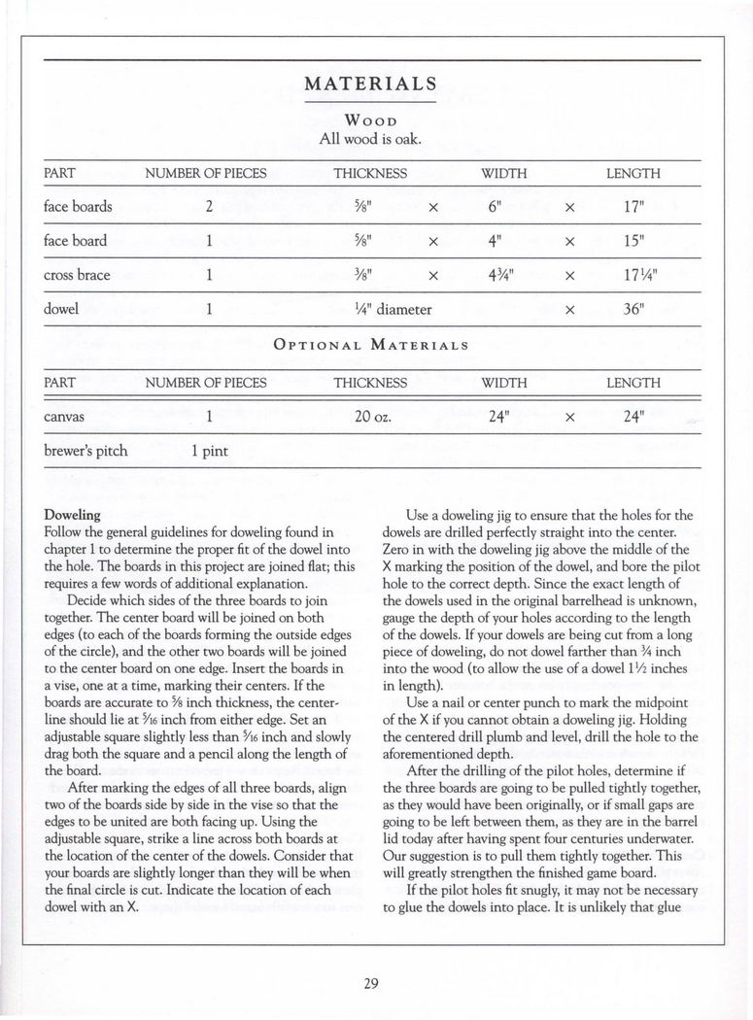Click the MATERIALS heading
pos(370,84)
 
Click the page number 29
pos(370,983)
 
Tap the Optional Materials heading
pos(372,345)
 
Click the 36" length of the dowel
pos(633,310)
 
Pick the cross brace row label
pos(77,275)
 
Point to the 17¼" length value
pos(633,275)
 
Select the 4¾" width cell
pos(502,275)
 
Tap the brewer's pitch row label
pos(86,451)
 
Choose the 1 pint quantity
pos(209,451)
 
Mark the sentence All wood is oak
pos(370,139)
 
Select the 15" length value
pos(633,241)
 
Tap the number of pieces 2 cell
pos(209,206)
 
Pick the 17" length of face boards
pos(633,206)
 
